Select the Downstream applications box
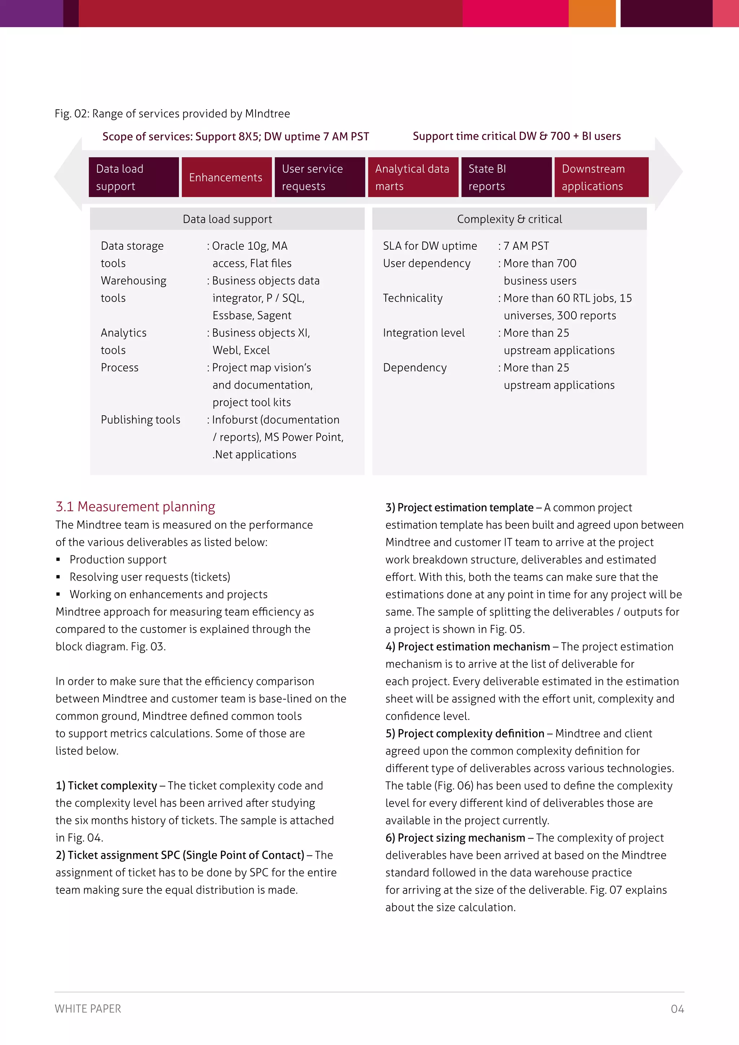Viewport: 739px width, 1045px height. (x=601, y=178)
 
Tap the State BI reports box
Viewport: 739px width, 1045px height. (x=506, y=178)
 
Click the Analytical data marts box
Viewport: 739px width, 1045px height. (x=413, y=178)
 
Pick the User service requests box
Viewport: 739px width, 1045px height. (x=319, y=178)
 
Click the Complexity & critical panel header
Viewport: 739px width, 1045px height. (x=509, y=219)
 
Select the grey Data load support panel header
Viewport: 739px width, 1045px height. (x=227, y=219)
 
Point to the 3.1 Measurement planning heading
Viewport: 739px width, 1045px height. (x=135, y=507)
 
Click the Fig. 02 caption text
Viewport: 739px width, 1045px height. (x=172, y=114)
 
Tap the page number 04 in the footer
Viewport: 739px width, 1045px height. (x=677, y=1009)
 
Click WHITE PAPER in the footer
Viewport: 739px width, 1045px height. (x=88, y=1009)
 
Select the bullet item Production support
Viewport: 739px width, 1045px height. (x=118, y=560)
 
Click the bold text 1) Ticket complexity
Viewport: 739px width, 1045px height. (x=106, y=786)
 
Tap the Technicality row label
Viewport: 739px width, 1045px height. (x=412, y=298)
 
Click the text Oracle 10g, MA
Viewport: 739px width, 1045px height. (x=249, y=246)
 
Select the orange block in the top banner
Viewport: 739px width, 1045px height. (x=591, y=13)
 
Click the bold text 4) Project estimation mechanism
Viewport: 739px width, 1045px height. (x=467, y=647)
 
